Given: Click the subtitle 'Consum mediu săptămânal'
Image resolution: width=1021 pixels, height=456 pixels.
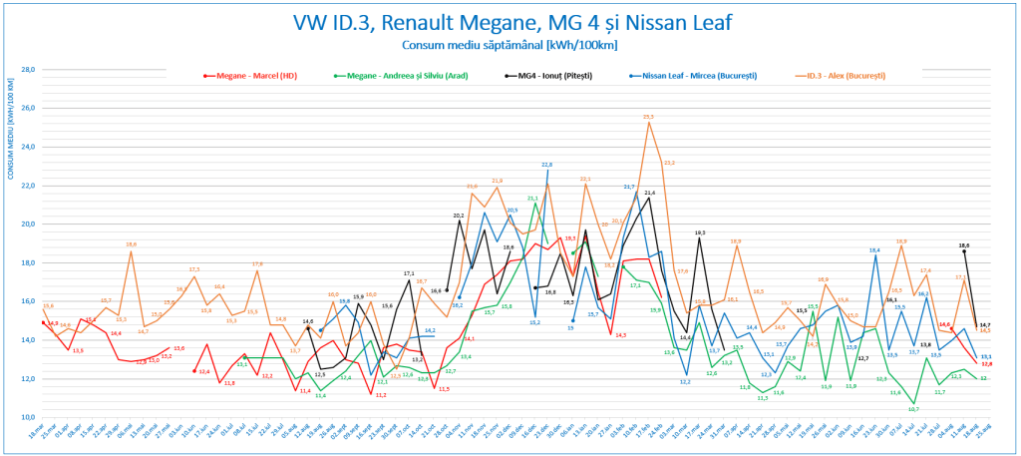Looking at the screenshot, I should click(x=510, y=45).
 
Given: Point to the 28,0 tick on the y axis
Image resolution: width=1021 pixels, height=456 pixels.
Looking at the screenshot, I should click(x=28, y=70).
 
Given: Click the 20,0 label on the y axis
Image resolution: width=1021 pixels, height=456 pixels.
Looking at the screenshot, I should click(x=28, y=225).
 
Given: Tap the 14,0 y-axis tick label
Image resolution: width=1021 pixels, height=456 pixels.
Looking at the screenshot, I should click(x=28, y=340).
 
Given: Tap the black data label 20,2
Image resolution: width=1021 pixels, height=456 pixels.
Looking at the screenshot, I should click(x=459, y=216).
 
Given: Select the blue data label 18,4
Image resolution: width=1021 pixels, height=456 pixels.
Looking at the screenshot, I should click(x=874, y=249).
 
